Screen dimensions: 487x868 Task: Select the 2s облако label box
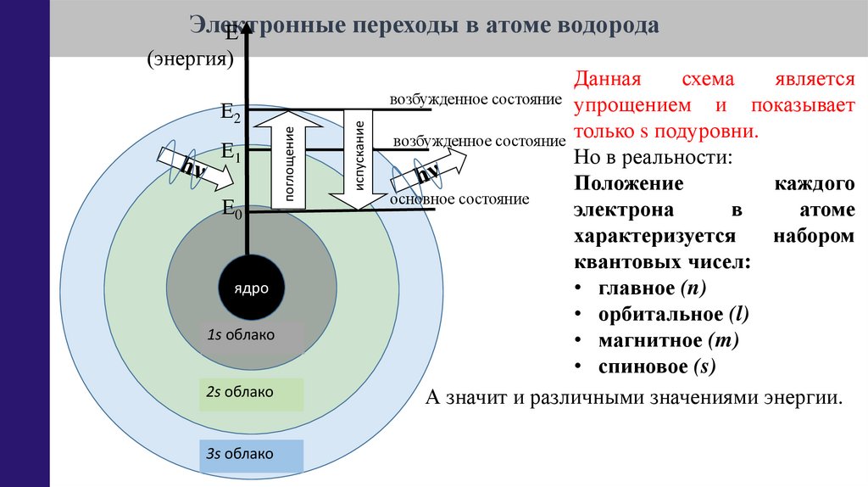251,393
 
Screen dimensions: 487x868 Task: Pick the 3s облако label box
251,455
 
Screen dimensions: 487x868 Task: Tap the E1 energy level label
231,153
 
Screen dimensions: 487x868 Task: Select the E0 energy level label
231,208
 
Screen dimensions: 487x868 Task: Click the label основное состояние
459,199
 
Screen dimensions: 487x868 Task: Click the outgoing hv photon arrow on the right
429,173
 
